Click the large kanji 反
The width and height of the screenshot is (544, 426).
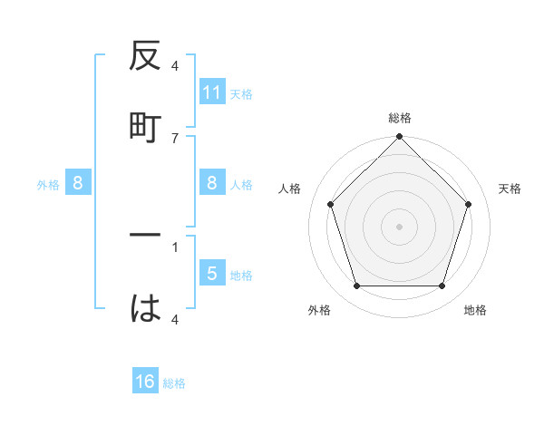[x=145, y=58]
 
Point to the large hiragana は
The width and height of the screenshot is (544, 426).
[x=145, y=309]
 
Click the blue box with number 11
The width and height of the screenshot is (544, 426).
[x=212, y=92]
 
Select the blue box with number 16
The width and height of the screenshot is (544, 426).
[x=145, y=382]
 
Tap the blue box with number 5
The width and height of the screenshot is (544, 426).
[x=212, y=273]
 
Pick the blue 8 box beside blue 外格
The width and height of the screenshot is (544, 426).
[x=78, y=183]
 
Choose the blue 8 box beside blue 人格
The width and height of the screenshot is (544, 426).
[x=212, y=183]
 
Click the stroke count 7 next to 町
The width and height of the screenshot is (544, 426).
[x=175, y=138]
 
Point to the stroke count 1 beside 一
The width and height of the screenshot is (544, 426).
[x=175, y=246]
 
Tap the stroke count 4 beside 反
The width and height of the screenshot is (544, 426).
[x=175, y=66]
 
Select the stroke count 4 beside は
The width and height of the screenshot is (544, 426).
[x=175, y=319]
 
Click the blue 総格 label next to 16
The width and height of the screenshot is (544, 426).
[x=174, y=383]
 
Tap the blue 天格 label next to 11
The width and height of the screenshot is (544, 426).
[x=240, y=93]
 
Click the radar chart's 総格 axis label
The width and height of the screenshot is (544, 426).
[x=399, y=118]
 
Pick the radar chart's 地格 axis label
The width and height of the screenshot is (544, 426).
[x=475, y=310]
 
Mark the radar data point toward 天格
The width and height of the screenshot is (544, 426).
[x=469, y=204]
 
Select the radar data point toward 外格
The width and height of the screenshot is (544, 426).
[x=356, y=286]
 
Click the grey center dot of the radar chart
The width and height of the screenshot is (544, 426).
[x=399, y=226]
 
